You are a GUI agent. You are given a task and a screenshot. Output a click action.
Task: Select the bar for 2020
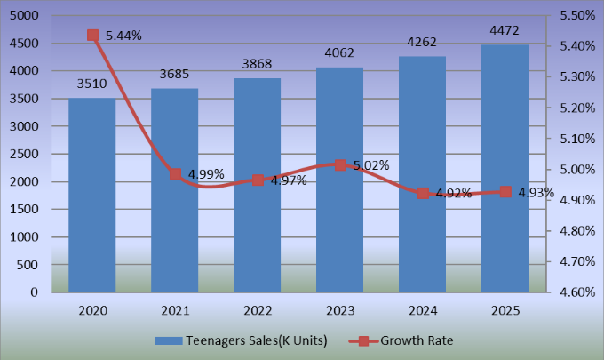[x=92, y=195]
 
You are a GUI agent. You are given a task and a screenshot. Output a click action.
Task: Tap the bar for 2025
[x=505, y=168]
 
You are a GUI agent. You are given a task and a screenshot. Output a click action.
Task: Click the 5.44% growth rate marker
[x=92, y=36]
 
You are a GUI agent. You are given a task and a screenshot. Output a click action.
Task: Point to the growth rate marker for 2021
[x=175, y=174]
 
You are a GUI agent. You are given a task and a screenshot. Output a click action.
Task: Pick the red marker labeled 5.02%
[x=340, y=165]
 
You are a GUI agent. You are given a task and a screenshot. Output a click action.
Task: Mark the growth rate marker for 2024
[x=423, y=194]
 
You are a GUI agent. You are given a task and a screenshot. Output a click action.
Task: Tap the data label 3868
[x=258, y=64]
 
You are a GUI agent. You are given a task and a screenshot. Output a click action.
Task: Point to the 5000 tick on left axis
[x=25, y=16]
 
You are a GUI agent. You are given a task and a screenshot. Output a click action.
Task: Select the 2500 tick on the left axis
[x=25, y=155]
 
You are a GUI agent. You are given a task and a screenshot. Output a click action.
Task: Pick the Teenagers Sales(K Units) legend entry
[x=240, y=341]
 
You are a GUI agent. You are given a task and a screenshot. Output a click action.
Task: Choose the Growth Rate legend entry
[x=409, y=341]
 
